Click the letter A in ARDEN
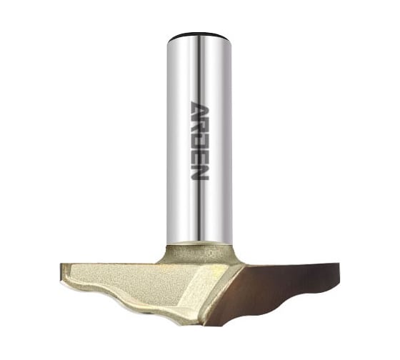200,109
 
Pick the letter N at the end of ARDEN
200,171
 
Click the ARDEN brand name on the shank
200,141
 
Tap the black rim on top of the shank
199,34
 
